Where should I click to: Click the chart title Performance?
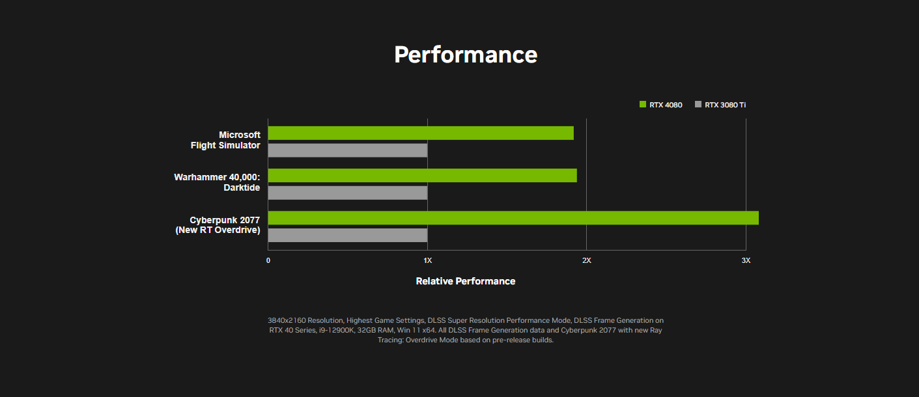(466, 55)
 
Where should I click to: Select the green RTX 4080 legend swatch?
(643, 104)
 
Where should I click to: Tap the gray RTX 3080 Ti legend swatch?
(698, 104)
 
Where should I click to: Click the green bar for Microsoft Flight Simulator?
(421, 133)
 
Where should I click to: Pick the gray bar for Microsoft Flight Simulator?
(348, 150)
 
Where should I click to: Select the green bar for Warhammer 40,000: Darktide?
(423, 175)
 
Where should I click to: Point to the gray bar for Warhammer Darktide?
(348, 193)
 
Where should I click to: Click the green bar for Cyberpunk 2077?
(514, 218)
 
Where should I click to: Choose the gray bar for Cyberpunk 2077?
(348, 235)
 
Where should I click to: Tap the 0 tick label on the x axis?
(268, 260)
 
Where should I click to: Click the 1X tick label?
(427, 260)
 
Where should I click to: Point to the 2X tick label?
(587, 260)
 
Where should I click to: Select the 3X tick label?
(746, 260)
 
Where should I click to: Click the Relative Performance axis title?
(466, 281)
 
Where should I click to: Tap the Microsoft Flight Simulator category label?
(225, 140)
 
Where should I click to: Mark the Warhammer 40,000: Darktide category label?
(217, 182)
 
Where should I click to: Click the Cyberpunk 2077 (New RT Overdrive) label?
(218, 225)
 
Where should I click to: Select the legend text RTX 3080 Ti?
(726, 105)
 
